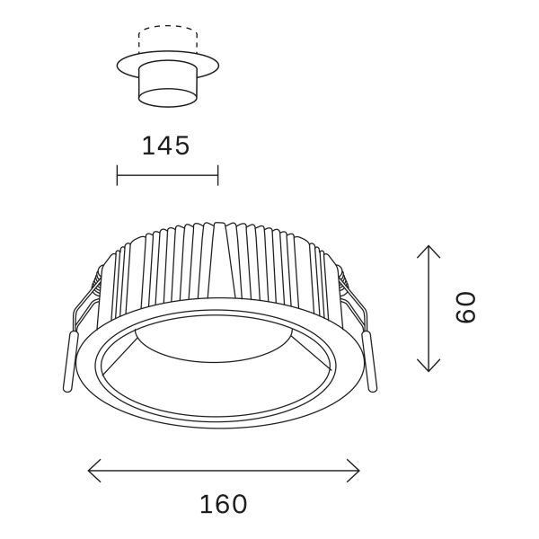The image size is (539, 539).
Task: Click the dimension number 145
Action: pyautogui.click(x=166, y=146)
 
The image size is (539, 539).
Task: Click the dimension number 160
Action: pyautogui.click(x=223, y=504)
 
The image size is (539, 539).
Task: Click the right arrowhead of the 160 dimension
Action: pyautogui.click(x=357, y=468)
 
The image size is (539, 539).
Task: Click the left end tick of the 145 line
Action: pyautogui.click(x=118, y=174)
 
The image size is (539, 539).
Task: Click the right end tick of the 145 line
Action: pyautogui.click(x=217, y=174)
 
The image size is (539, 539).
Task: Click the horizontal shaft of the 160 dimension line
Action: pyautogui.click(x=225, y=468)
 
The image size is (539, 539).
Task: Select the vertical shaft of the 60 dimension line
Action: pyautogui.click(x=429, y=308)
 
